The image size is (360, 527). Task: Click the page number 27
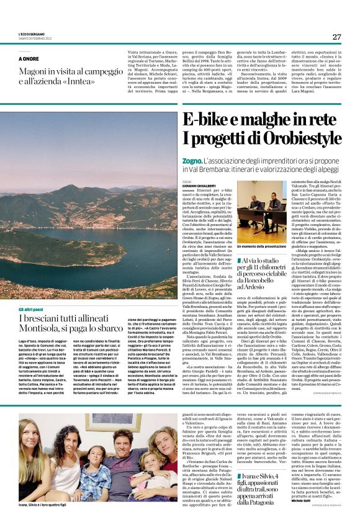point(336,37)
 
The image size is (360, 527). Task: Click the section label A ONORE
point(29,58)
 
